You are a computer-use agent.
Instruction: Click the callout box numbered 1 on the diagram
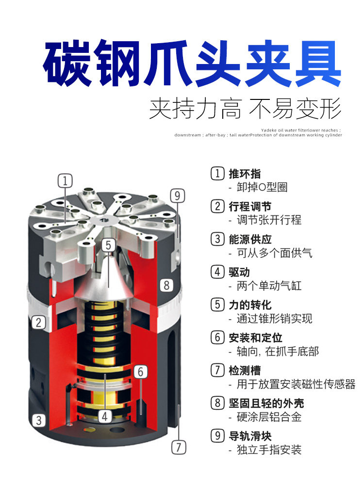[66, 181]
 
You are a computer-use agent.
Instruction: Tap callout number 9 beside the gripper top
[178, 195]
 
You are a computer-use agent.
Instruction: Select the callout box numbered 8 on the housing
[166, 285]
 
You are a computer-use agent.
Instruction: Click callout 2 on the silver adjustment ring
[38, 322]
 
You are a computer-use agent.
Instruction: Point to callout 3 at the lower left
[38, 420]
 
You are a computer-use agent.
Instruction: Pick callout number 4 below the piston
[105, 416]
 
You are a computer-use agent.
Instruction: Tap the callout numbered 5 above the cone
[109, 244]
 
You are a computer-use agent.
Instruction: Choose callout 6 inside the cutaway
[140, 372]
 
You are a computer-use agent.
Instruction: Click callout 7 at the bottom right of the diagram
[179, 447]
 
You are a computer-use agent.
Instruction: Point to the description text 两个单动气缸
[269, 286]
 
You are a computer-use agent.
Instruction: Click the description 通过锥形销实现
[274, 319]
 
